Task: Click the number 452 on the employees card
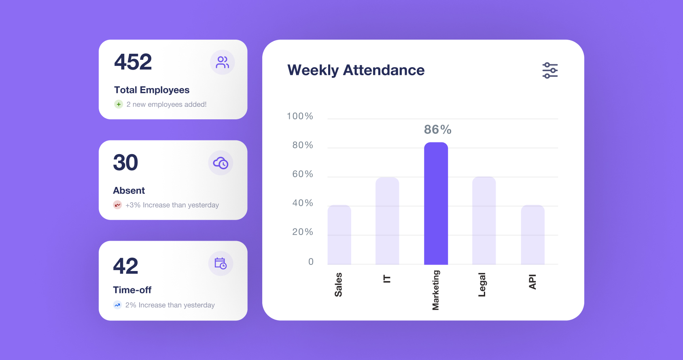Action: pyautogui.click(x=133, y=62)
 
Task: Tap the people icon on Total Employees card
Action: pyautogui.click(x=222, y=62)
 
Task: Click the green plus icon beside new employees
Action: pyautogui.click(x=118, y=104)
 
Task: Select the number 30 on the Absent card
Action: pyautogui.click(x=125, y=163)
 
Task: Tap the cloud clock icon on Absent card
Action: pyautogui.click(x=221, y=163)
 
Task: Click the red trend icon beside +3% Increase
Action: pyautogui.click(x=117, y=205)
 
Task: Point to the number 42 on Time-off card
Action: pyautogui.click(x=125, y=266)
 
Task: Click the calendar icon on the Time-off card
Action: pyautogui.click(x=221, y=263)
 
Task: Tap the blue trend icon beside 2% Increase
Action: pyautogui.click(x=117, y=305)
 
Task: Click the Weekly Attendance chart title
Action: pyautogui.click(x=356, y=70)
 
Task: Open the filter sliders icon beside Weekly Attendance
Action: pyautogui.click(x=550, y=70)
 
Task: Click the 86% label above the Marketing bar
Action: pyautogui.click(x=437, y=130)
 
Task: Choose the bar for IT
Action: pyautogui.click(x=387, y=221)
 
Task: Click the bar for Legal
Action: pyautogui.click(x=484, y=221)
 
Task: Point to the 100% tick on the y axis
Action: pyautogui.click(x=300, y=116)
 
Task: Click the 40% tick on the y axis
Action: pyautogui.click(x=303, y=203)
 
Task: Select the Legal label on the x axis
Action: pyautogui.click(x=482, y=285)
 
